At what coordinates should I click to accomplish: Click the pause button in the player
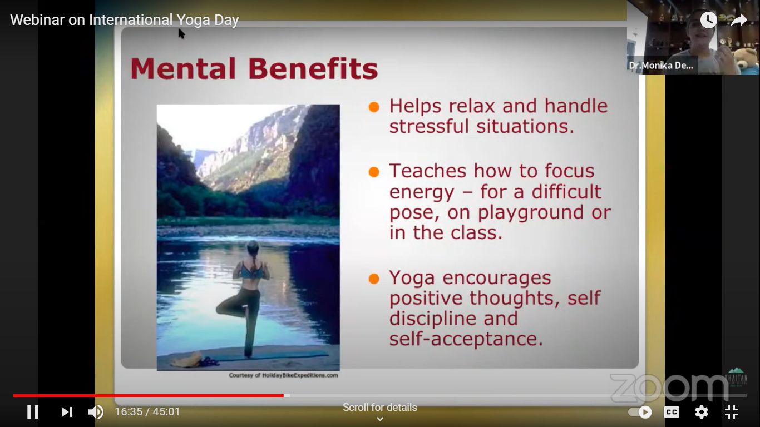pyautogui.click(x=33, y=412)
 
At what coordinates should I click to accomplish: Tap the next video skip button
pyautogui.click(x=67, y=412)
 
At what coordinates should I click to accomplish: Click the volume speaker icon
pyautogui.click(x=96, y=412)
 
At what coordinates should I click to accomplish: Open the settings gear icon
pyautogui.click(x=702, y=412)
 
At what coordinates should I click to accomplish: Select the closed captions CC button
pyautogui.click(x=672, y=412)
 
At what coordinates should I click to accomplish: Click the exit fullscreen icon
pyautogui.click(x=732, y=412)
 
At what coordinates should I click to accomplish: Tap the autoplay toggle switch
pyautogui.click(x=640, y=412)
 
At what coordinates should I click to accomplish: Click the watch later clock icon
pyautogui.click(x=708, y=20)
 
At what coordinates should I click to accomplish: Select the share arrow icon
pyautogui.click(x=738, y=20)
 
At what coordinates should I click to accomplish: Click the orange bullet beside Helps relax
pyautogui.click(x=374, y=107)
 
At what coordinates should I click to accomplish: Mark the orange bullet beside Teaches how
pyautogui.click(x=374, y=172)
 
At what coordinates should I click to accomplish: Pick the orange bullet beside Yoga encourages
pyautogui.click(x=374, y=278)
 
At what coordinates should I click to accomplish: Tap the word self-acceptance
pyautogui.click(x=466, y=339)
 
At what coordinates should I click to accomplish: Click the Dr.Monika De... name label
pyautogui.click(x=661, y=66)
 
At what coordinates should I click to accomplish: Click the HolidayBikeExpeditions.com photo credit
pyautogui.click(x=283, y=375)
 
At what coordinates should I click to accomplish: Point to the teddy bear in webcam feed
pyautogui.click(x=747, y=59)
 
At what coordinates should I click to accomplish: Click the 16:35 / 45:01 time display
pyautogui.click(x=147, y=412)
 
